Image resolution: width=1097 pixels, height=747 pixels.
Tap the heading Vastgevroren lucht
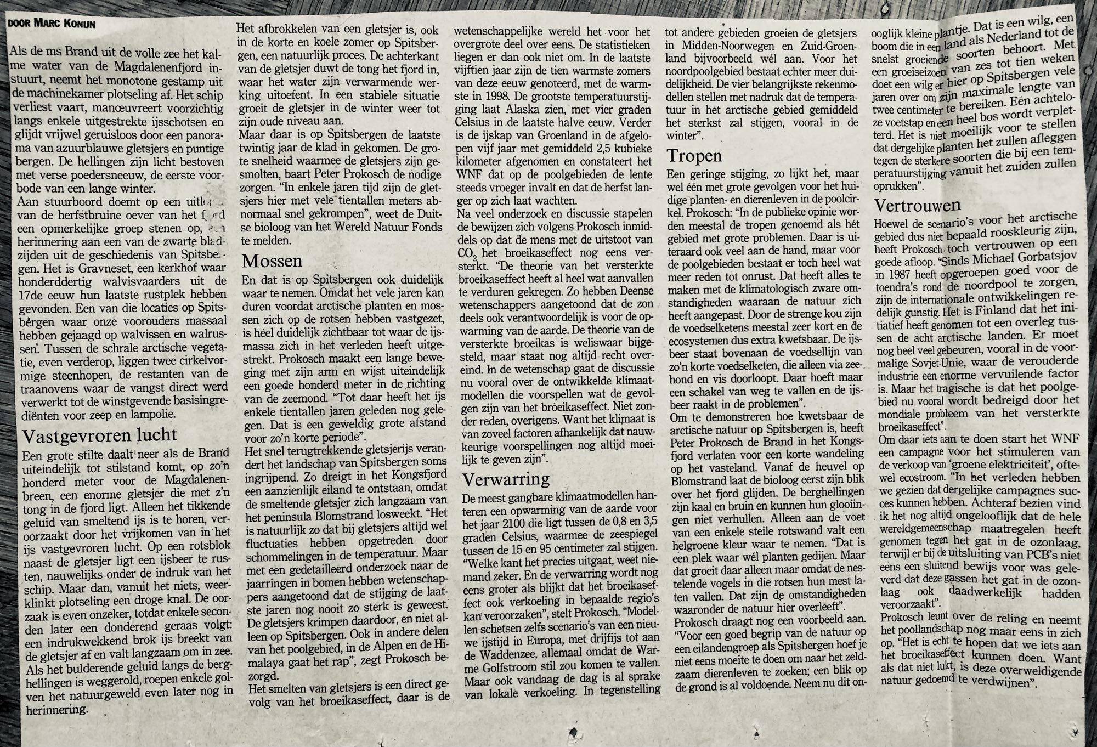click(x=99, y=435)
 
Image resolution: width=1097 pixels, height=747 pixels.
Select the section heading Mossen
click(x=272, y=261)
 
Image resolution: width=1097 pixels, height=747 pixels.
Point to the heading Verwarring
click(x=506, y=479)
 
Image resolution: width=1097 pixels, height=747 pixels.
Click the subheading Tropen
click(x=694, y=156)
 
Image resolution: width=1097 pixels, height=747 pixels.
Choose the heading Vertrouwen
click(x=917, y=206)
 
